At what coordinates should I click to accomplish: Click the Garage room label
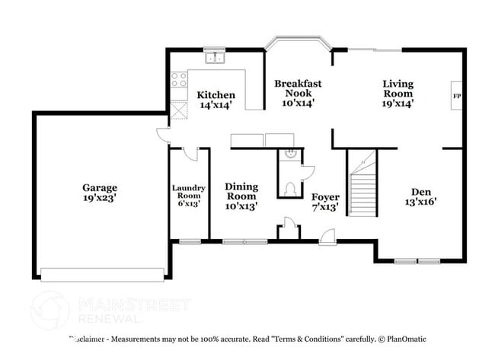pos(100,187)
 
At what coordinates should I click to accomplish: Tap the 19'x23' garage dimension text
pos(100,197)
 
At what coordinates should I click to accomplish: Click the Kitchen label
pos(216,95)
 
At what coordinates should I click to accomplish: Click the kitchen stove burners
pos(179,79)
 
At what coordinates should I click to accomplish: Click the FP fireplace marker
pos(457,96)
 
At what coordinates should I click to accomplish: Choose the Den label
pos(423,192)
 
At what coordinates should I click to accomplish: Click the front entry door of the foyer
pos(327,238)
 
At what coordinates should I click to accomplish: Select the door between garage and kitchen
pos(164,135)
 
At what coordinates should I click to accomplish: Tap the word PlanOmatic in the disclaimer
pos(404,339)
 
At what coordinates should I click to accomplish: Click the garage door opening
pos(102,274)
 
